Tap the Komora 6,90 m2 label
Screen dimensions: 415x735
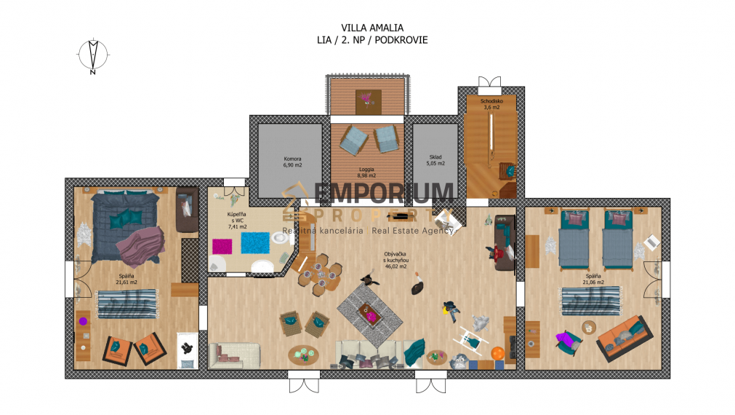292,162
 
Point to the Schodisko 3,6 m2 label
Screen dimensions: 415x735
490,103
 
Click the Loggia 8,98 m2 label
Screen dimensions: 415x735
366,172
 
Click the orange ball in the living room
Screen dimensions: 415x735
498,353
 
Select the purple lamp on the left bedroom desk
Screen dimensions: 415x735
83,320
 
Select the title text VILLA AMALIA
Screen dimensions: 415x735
372,27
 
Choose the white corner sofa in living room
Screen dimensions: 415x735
234,355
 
